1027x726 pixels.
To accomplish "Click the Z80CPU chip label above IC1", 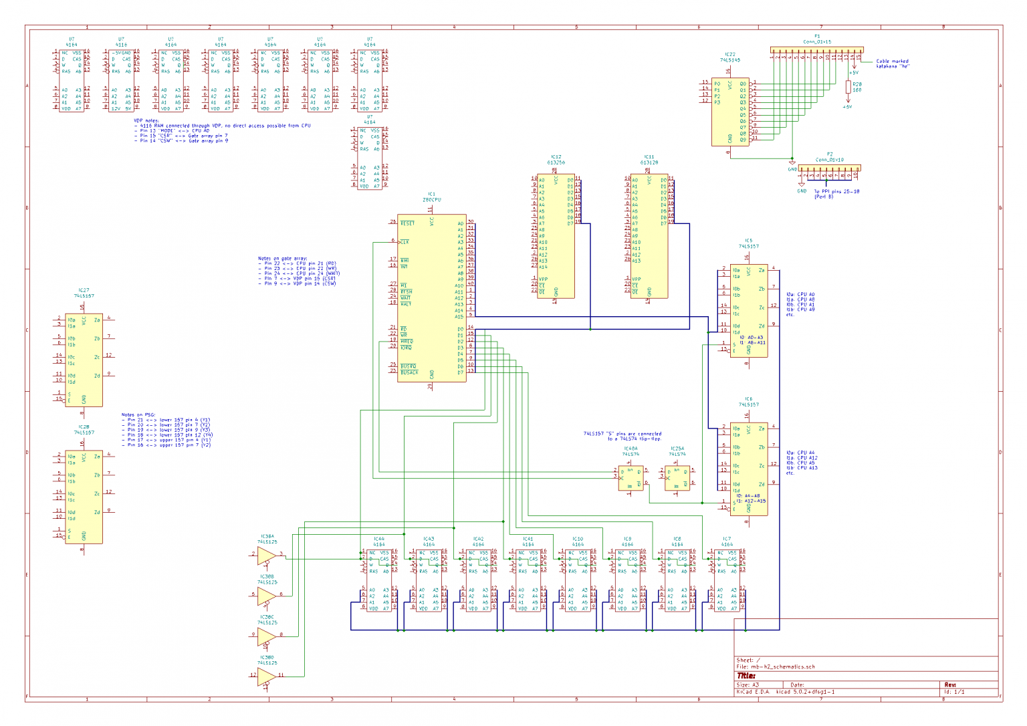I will tap(431, 200).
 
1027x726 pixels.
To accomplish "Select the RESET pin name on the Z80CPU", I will tap(407, 223).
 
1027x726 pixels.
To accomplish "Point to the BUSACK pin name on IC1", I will tap(409, 372).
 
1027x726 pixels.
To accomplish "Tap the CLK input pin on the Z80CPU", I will tap(405, 241).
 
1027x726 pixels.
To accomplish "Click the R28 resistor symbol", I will tap(848, 87).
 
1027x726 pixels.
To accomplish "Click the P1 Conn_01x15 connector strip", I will tap(816, 50).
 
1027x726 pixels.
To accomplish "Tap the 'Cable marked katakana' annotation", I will tap(893, 64).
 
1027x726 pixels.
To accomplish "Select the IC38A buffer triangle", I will tap(267, 556).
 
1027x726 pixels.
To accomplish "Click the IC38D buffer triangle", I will tap(267, 676).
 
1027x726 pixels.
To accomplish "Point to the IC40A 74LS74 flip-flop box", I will tap(631, 479).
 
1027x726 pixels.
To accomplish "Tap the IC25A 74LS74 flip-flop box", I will tap(677, 479).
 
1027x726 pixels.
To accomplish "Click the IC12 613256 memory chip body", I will tap(556, 236).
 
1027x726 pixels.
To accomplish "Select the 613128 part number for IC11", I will tap(649, 162).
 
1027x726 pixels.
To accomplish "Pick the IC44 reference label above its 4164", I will tap(378, 538).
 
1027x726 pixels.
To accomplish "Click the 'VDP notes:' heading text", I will tap(146, 121).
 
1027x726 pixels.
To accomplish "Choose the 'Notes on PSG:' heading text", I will tap(138, 415).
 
